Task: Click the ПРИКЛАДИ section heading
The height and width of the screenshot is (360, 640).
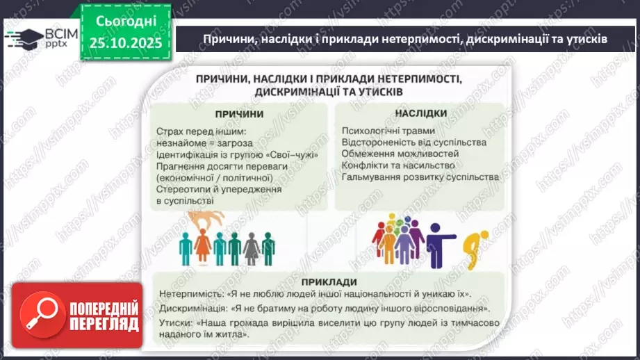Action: click(x=330, y=281)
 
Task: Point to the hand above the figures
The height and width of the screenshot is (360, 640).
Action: click(x=209, y=219)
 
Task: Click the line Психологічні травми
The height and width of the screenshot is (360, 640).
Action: click(x=388, y=130)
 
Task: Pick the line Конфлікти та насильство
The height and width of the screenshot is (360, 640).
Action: click(x=398, y=165)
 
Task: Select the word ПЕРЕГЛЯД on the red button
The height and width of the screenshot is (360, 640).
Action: click(x=104, y=324)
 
